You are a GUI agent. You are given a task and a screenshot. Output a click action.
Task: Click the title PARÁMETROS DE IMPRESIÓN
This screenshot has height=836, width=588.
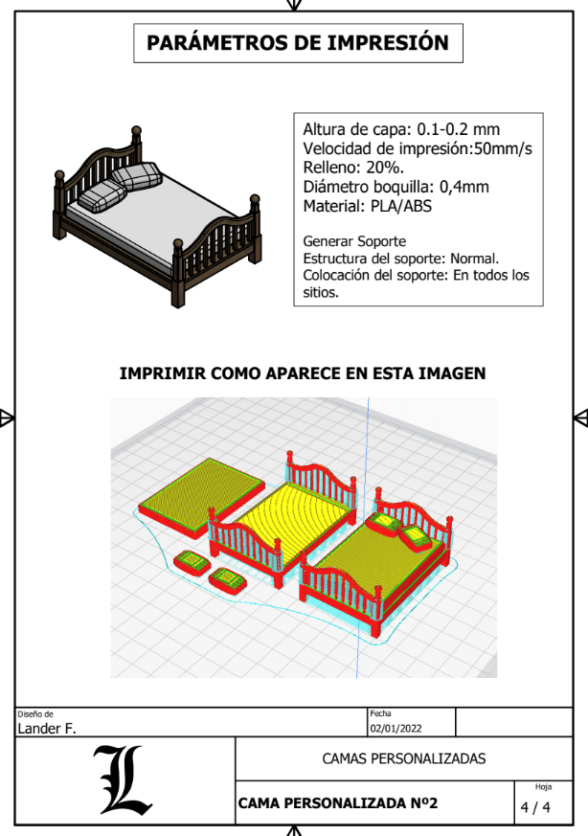(x=298, y=43)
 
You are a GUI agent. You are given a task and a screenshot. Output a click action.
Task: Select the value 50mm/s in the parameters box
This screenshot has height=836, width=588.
(x=503, y=148)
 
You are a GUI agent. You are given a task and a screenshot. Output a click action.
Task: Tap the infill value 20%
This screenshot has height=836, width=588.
(x=385, y=168)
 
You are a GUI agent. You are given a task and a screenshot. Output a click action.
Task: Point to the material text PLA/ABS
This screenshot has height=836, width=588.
(x=401, y=206)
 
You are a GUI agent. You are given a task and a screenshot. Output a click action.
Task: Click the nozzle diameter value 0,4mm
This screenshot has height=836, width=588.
(x=464, y=187)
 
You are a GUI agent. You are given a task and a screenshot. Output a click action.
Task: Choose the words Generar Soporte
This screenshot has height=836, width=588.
(x=354, y=241)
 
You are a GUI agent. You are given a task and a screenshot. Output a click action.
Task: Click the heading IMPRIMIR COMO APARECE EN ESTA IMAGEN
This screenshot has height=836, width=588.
(x=303, y=373)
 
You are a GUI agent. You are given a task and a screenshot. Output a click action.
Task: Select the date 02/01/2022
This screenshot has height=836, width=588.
(x=396, y=729)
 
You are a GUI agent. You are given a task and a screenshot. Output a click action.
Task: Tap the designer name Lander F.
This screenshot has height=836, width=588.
(x=47, y=729)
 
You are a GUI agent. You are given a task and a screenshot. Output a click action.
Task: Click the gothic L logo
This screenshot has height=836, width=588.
(x=123, y=780)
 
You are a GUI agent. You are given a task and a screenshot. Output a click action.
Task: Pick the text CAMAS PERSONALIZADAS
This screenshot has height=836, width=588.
(x=403, y=758)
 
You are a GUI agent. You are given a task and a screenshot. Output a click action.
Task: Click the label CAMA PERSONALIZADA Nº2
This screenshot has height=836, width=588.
(x=337, y=803)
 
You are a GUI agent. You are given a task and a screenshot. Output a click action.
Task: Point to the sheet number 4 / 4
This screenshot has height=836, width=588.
(x=535, y=807)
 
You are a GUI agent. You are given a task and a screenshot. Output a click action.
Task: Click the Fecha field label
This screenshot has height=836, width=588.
(x=380, y=713)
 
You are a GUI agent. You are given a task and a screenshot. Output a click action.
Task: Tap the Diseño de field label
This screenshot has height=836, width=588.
(x=35, y=714)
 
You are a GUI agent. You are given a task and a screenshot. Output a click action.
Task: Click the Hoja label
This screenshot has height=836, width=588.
(x=543, y=787)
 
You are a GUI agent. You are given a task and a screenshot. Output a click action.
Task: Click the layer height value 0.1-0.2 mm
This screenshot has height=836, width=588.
(x=459, y=129)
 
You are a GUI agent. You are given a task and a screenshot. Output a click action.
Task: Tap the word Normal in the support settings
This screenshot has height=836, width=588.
(x=474, y=259)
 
